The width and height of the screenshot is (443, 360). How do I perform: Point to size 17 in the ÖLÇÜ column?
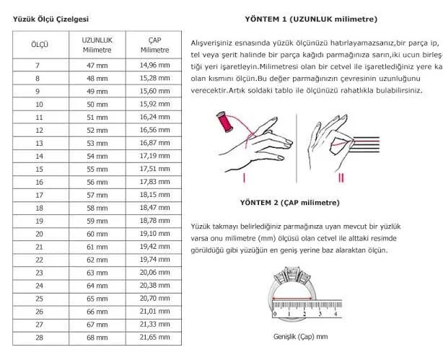[x=40, y=195]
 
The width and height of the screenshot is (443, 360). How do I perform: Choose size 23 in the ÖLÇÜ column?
[x=40, y=273]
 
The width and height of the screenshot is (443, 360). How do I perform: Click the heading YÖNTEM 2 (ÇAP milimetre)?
[x=289, y=202]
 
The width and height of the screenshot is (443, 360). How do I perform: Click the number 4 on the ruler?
[x=337, y=314]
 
